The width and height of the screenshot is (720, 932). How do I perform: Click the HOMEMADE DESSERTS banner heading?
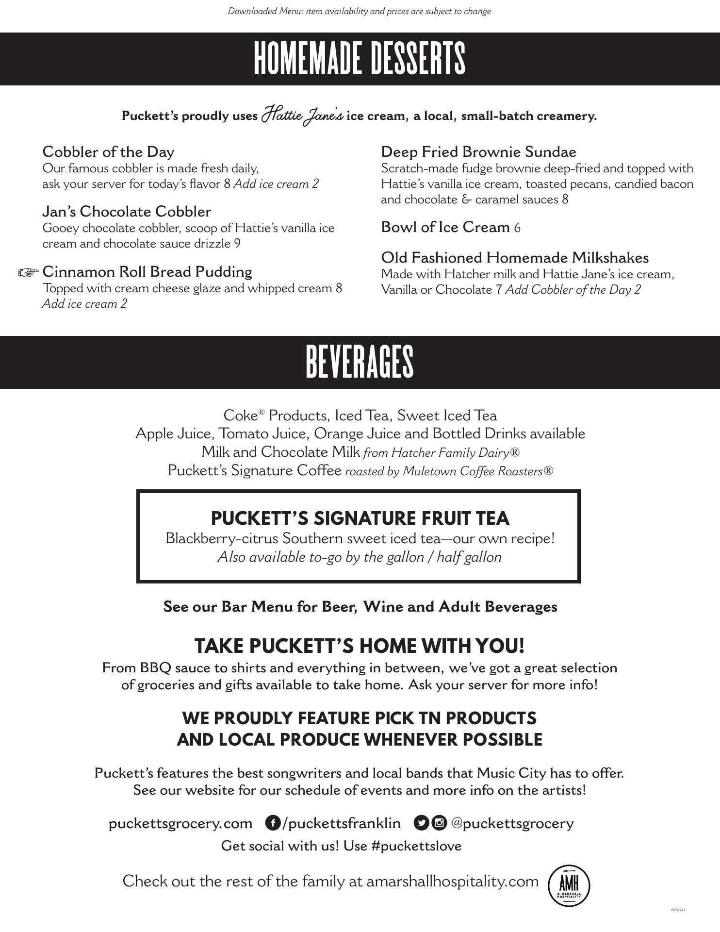pyautogui.click(x=360, y=59)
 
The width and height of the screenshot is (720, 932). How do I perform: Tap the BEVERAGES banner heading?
pyautogui.click(x=360, y=362)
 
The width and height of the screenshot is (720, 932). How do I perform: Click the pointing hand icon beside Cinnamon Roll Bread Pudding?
pyautogui.click(x=28, y=272)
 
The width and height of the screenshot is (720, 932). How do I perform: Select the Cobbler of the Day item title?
pyautogui.click(x=108, y=152)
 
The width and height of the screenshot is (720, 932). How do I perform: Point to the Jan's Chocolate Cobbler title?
pyautogui.click(x=127, y=212)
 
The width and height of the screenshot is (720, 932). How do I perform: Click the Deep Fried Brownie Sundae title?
pyautogui.click(x=478, y=152)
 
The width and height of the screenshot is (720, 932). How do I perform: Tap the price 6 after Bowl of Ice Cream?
pyautogui.click(x=517, y=228)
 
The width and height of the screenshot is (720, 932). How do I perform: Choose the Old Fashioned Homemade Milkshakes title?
pyautogui.click(x=515, y=258)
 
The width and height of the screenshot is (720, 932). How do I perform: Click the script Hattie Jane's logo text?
pyautogui.click(x=302, y=115)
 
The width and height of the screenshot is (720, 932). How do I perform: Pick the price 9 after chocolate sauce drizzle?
pyautogui.click(x=237, y=244)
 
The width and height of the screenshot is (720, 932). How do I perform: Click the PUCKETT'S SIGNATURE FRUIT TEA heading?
pyautogui.click(x=360, y=518)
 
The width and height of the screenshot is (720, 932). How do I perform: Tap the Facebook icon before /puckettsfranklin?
pyautogui.click(x=273, y=823)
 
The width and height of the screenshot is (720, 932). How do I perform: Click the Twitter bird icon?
pyautogui.click(x=421, y=823)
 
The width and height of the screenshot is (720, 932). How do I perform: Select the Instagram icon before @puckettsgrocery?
pyautogui.click(x=439, y=823)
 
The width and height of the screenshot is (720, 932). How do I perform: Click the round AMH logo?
pyautogui.click(x=569, y=885)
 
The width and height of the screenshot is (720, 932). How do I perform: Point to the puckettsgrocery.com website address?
pyautogui.click(x=180, y=823)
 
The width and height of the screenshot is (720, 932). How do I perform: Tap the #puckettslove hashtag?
pyautogui.click(x=416, y=846)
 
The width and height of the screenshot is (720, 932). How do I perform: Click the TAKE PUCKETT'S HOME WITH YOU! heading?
pyautogui.click(x=360, y=646)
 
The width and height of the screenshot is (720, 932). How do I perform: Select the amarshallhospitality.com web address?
pyautogui.click(x=452, y=881)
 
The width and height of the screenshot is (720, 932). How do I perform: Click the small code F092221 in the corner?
pyautogui.click(x=678, y=910)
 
